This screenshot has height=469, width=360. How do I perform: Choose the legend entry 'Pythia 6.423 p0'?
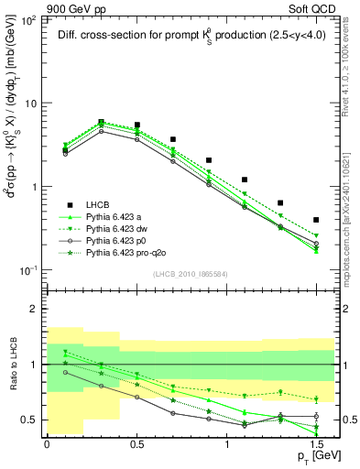116,240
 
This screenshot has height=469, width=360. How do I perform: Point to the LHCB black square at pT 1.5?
316,220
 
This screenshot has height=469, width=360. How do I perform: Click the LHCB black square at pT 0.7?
173,140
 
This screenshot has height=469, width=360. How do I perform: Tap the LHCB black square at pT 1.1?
245,180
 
